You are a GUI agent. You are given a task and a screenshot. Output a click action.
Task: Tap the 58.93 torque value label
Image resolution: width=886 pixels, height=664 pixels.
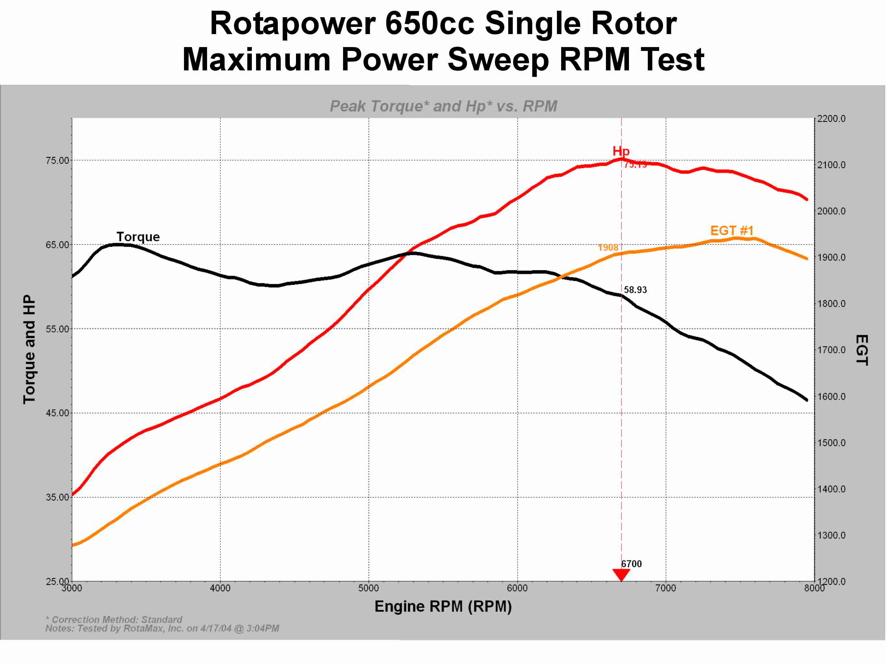point(635,290)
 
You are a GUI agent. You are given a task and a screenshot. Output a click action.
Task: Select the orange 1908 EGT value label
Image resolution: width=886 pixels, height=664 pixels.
point(608,248)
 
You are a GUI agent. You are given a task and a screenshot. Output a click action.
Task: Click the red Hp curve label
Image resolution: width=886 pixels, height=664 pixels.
point(621,151)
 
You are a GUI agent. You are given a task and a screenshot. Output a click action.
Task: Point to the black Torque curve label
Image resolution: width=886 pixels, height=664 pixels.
point(138,237)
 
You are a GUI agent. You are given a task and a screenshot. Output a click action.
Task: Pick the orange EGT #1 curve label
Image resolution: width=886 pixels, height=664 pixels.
point(732,231)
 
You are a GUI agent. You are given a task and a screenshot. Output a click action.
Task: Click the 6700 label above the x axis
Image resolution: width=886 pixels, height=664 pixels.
point(631,564)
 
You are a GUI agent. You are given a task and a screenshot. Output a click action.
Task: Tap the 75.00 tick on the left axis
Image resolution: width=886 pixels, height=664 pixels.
point(58,161)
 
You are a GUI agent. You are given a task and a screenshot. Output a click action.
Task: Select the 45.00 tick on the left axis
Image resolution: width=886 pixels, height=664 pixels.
point(58,413)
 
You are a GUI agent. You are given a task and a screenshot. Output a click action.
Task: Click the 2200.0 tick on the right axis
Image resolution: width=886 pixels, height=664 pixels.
point(831,119)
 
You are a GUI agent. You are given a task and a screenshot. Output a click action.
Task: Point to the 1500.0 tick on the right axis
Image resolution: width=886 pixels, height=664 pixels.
point(831,443)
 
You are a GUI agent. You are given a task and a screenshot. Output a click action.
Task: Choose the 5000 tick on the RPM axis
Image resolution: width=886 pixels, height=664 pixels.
point(368,588)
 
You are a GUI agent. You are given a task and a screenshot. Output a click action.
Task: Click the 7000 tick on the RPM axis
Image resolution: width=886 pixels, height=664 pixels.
point(666,588)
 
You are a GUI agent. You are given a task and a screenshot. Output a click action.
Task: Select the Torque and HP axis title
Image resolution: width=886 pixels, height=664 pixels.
point(29,349)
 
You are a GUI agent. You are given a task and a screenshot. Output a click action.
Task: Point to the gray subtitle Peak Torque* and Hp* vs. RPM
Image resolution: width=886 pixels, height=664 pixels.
point(443,106)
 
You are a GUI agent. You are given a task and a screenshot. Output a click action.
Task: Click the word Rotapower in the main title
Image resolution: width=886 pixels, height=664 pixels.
point(292,23)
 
